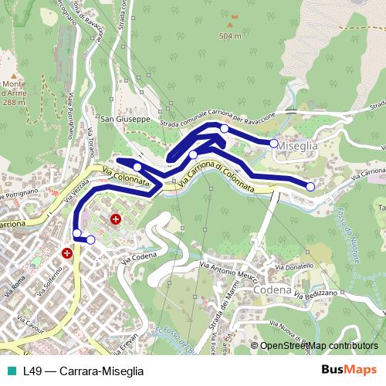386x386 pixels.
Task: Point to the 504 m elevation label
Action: click(230, 36)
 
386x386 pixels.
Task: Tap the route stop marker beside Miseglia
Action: click(273, 143)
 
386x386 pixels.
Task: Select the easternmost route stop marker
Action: click(310, 186)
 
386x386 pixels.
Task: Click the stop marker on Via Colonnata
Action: click(137, 167)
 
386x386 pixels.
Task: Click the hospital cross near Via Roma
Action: click(67, 252)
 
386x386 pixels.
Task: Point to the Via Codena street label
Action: click(140, 256)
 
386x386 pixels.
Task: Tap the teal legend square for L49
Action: click(12, 371)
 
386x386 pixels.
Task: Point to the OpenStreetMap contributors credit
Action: click(318, 347)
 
